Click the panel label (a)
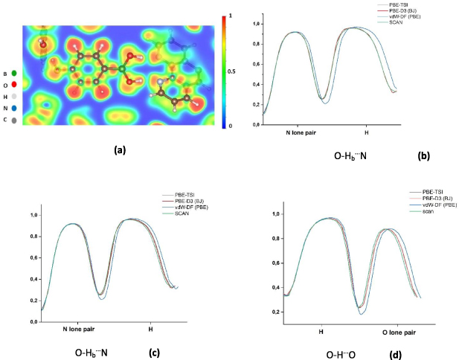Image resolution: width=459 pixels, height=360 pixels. point(119,150)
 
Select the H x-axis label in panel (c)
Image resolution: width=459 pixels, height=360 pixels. point(150,329)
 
